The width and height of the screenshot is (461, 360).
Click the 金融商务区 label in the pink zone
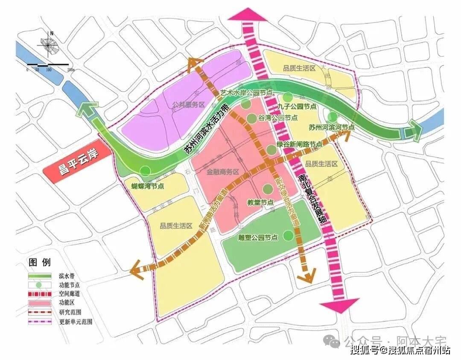coord(222,173)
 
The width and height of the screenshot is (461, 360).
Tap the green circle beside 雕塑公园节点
coord(289,234)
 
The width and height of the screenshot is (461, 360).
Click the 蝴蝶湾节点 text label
coord(148,187)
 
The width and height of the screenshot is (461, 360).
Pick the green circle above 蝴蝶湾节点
coord(146,171)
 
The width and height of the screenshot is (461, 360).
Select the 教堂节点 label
coord(260,202)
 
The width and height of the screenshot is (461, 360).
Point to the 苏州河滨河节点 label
coord(331,127)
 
